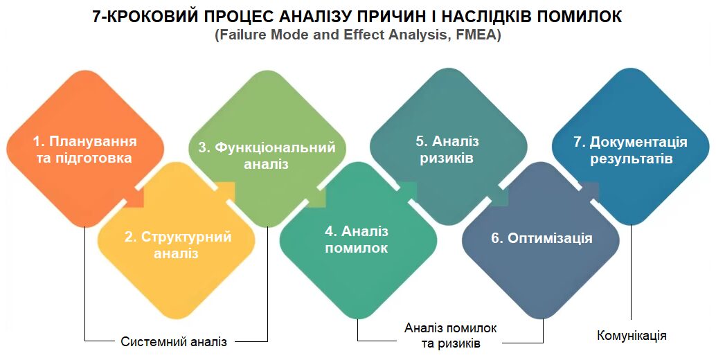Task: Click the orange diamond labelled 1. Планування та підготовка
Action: pos(85,149)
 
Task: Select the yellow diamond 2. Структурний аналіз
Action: pos(177,240)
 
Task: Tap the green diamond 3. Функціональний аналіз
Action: pos(267,149)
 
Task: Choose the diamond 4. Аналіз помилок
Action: pos(359,240)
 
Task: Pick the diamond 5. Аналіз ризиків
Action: pos(449,147)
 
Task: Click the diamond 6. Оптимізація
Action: pos(541,240)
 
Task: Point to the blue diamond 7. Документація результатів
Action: pos(631,147)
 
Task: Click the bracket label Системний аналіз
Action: pos(174,342)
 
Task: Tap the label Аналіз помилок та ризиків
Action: pos(451,335)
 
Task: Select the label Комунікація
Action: pos(632,336)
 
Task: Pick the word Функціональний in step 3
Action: pos(275,147)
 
